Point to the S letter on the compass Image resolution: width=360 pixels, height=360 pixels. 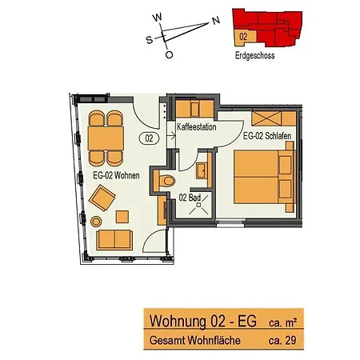pyautogui.click(x=149, y=37)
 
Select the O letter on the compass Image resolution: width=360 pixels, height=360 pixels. pyautogui.click(x=169, y=55)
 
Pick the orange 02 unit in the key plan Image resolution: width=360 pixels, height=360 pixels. pyautogui.click(x=241, y=36)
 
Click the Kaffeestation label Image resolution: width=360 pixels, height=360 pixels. pyautogui.click(x=196, y=127)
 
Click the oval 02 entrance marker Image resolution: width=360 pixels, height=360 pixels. pyautogui.click(x=148, y=138)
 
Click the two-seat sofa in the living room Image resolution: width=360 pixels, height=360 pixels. pyautogui.click(x=116, y=238)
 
